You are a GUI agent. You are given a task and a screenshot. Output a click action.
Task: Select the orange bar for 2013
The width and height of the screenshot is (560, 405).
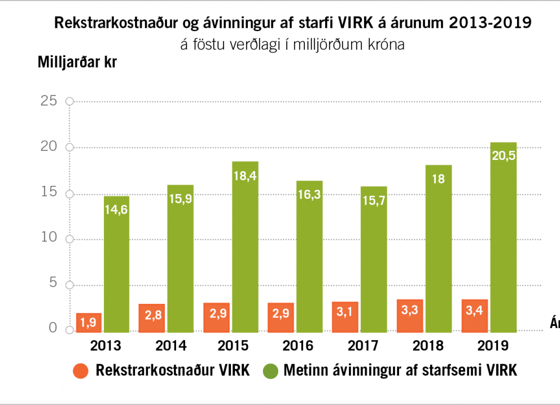(x=89, y=322)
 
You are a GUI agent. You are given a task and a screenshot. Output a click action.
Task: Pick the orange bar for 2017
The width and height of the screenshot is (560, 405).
(x=345, y=317)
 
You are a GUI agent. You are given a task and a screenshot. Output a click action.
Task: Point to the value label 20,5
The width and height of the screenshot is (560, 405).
(x=504, y=156)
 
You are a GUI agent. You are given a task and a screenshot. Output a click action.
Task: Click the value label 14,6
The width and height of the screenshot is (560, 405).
(x=117, y=210)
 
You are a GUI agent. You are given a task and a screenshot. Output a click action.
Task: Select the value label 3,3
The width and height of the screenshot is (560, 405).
(x=410, y=311)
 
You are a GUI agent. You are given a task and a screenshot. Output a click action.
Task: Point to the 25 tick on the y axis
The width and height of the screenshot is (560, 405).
(x=49, y=101)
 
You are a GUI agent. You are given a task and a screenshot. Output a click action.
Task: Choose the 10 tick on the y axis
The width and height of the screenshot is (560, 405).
(x=49, y=237)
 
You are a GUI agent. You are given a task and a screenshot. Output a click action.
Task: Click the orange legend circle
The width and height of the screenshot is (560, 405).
(x=81, y=371)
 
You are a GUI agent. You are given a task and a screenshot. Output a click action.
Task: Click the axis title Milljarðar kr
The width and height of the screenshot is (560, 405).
(x=77, y=62)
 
